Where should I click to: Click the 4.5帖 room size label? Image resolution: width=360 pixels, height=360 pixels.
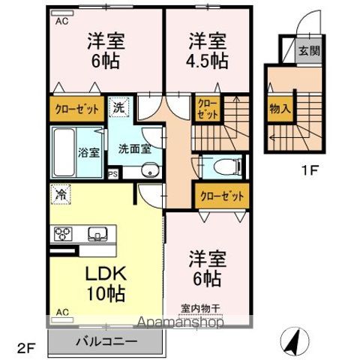click(208, 61)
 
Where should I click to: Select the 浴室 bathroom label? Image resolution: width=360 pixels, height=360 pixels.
click(89, 152)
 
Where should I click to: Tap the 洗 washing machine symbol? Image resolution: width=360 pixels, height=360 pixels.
click(119, 108)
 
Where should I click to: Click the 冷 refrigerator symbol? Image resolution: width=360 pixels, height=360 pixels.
click(60, 194)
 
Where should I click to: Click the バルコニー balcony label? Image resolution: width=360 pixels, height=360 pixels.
click(105, 343)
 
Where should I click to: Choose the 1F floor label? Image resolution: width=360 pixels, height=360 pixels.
click(310, 169)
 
